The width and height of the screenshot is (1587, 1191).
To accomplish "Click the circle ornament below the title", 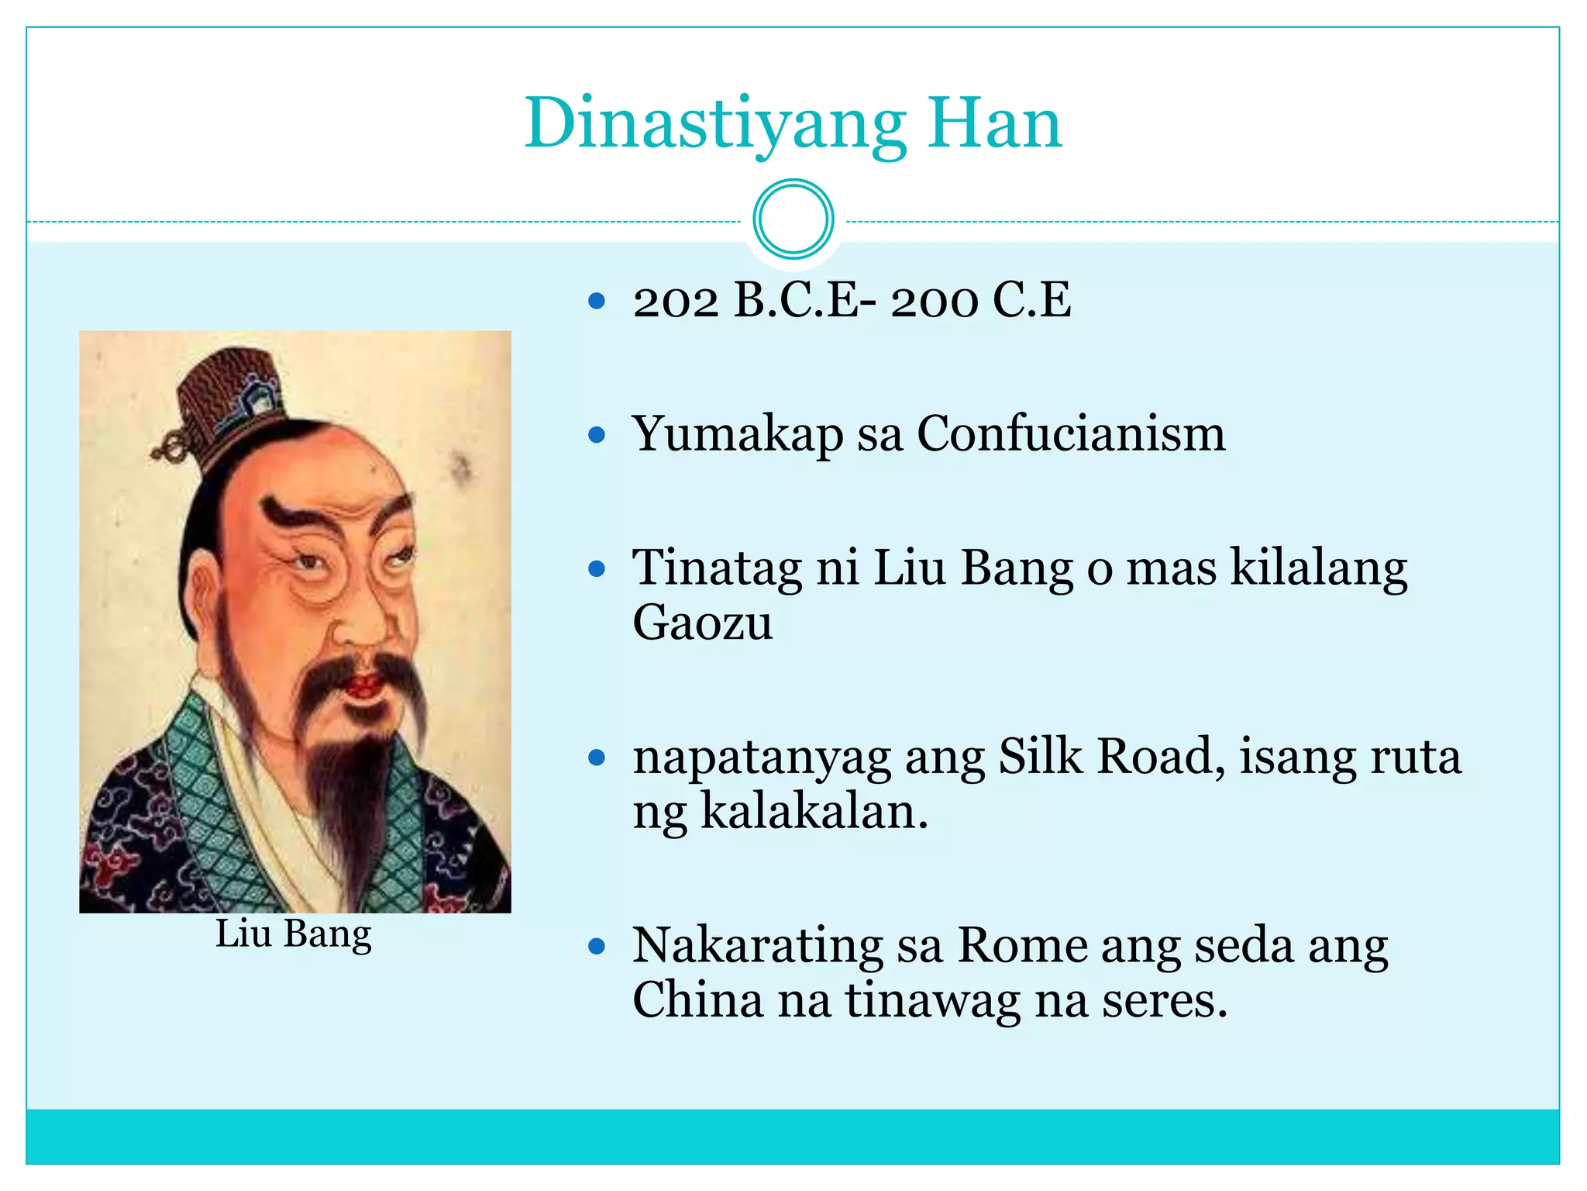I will [793, 219].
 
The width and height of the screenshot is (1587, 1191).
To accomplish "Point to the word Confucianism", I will [1071, 434].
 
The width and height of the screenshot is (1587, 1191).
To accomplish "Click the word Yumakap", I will [737, 434].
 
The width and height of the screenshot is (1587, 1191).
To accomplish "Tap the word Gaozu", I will [702, 623].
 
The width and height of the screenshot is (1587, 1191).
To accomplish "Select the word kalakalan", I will [813, 812].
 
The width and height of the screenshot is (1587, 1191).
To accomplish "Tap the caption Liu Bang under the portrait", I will [294, 934].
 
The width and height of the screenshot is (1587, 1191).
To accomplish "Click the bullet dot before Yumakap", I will [596, 435].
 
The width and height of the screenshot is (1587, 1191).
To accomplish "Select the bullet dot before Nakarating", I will [596, 946].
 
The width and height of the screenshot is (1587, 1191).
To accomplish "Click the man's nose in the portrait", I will [363, 620].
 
